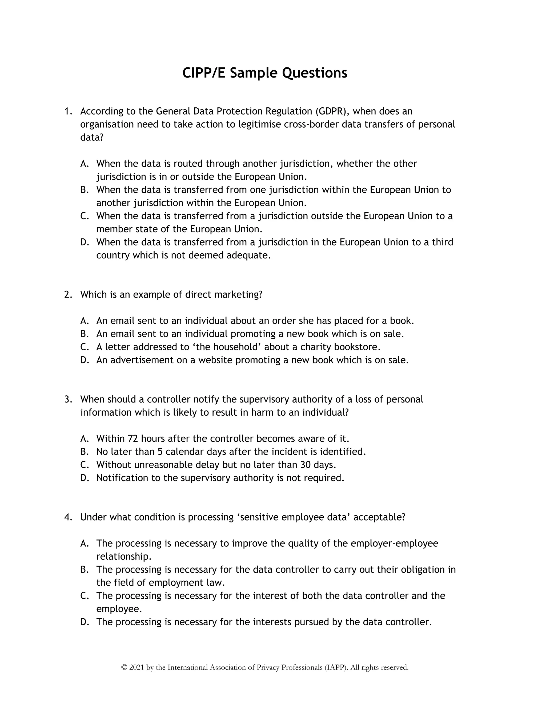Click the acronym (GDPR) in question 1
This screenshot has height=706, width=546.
pos(332,111)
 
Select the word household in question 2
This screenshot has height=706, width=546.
pos(236,347)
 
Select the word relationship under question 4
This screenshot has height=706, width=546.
pos(123,557)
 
